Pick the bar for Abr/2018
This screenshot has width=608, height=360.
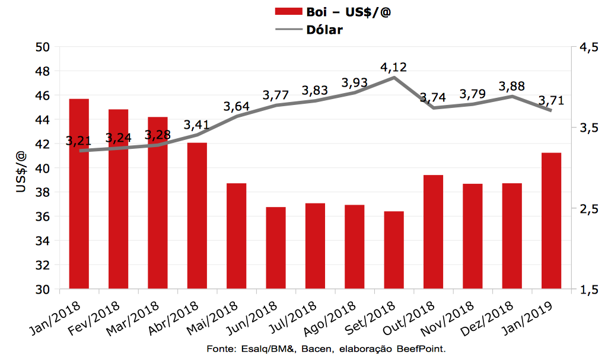click(197, 216)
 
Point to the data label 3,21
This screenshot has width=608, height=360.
click(79, 141)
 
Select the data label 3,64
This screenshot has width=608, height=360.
click(236, 107)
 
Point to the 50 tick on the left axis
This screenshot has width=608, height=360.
click(43, 47)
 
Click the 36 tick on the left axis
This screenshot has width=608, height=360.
click(43, 217)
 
